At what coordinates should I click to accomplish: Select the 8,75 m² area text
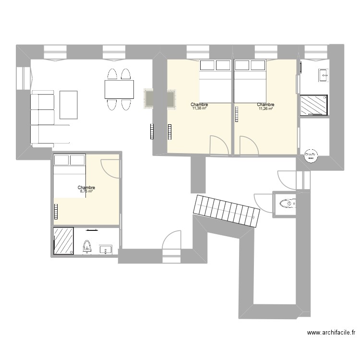(x=86, y=192)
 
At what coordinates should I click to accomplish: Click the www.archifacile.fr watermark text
(x=331, y=332)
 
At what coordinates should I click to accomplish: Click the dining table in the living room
(x=119, y=89)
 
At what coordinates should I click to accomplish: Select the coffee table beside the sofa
(x=69, y=105)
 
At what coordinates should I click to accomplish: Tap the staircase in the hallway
(x=226, y=212)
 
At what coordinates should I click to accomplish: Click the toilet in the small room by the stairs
(x=288, y=204)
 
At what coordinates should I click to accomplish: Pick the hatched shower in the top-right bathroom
(x=314, y=105)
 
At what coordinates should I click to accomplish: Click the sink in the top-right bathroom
(x=323, y=74)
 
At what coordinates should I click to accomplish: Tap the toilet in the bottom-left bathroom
(x=87, y=247)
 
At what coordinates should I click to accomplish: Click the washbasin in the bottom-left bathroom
(x=106, y=249)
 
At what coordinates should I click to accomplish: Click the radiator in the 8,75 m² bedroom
(x=56, y=211)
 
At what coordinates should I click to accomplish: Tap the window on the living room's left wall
(x=23, y=79)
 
